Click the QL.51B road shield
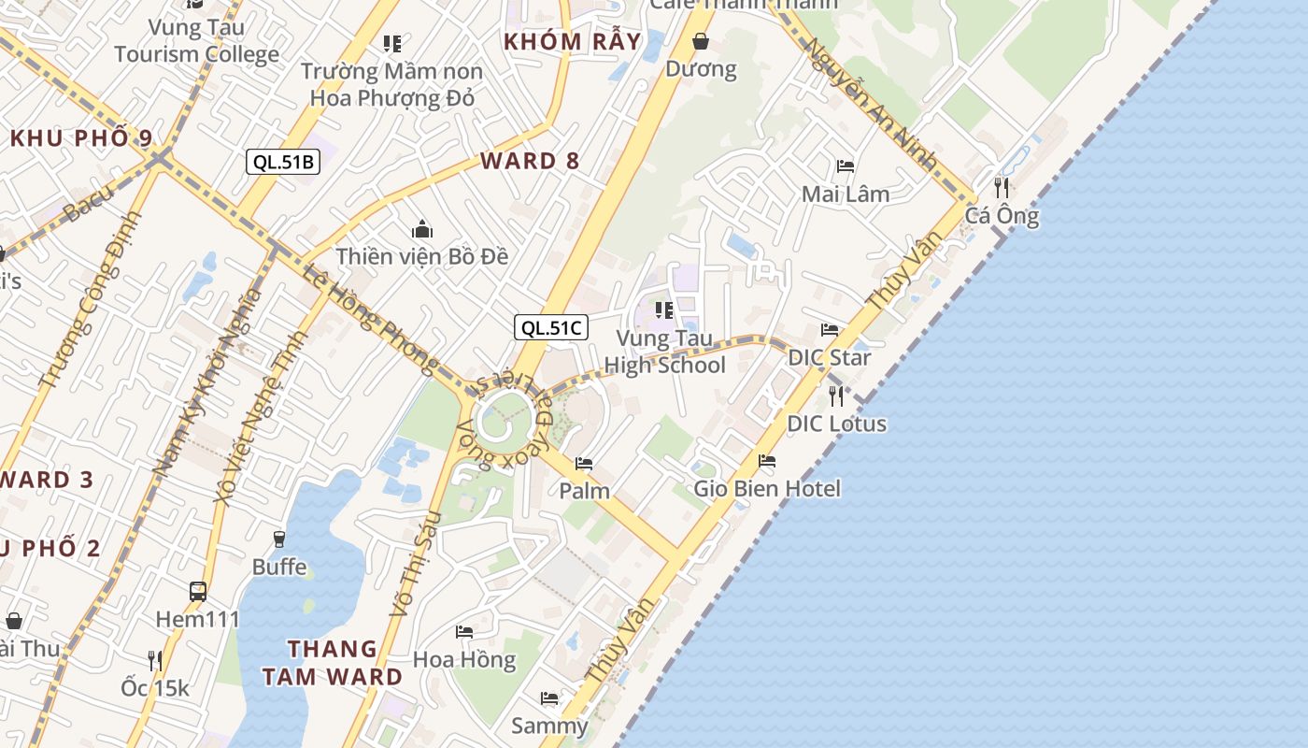pyautogui.click(x=284, y=162)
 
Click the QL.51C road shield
pyautogui.click(x=551, y=328)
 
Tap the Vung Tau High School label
pyautogui.click(x=664, y=352)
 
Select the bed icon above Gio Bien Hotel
pyautogui.click(x=767, y=460)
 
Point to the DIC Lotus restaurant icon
pyautogui.click(x=836, y=396)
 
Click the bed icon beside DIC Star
pyautogui.click(x=830, y=329)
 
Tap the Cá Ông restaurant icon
pyautogui.click(x=1002, y=187)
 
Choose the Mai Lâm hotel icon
pyautogui.click(x=846, y=166)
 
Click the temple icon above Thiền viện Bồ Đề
pyautogui.click(x=422, y=228)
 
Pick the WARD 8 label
pyautogui.click(x=530, y=161)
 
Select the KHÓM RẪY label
pyautogui.click(x=573, y=42)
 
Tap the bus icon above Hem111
pyautogui.click(x=198, y=591)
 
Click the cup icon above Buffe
pyautogui.click(x=278, y=539)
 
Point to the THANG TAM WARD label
pyautogui.click(x=332, y=662)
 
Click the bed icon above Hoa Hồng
pyautogui.click(x=464, y=631)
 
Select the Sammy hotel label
pyautogui.click(x=549, y=726)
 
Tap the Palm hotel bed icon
pyautogui.click(x=584, y=463)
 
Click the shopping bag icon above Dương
pyautogui.click(x=701, y=41)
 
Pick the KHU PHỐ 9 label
pyautogui.click(x=81, y=138)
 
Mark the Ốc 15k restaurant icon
pyautogui.click(x=155, y=660)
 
